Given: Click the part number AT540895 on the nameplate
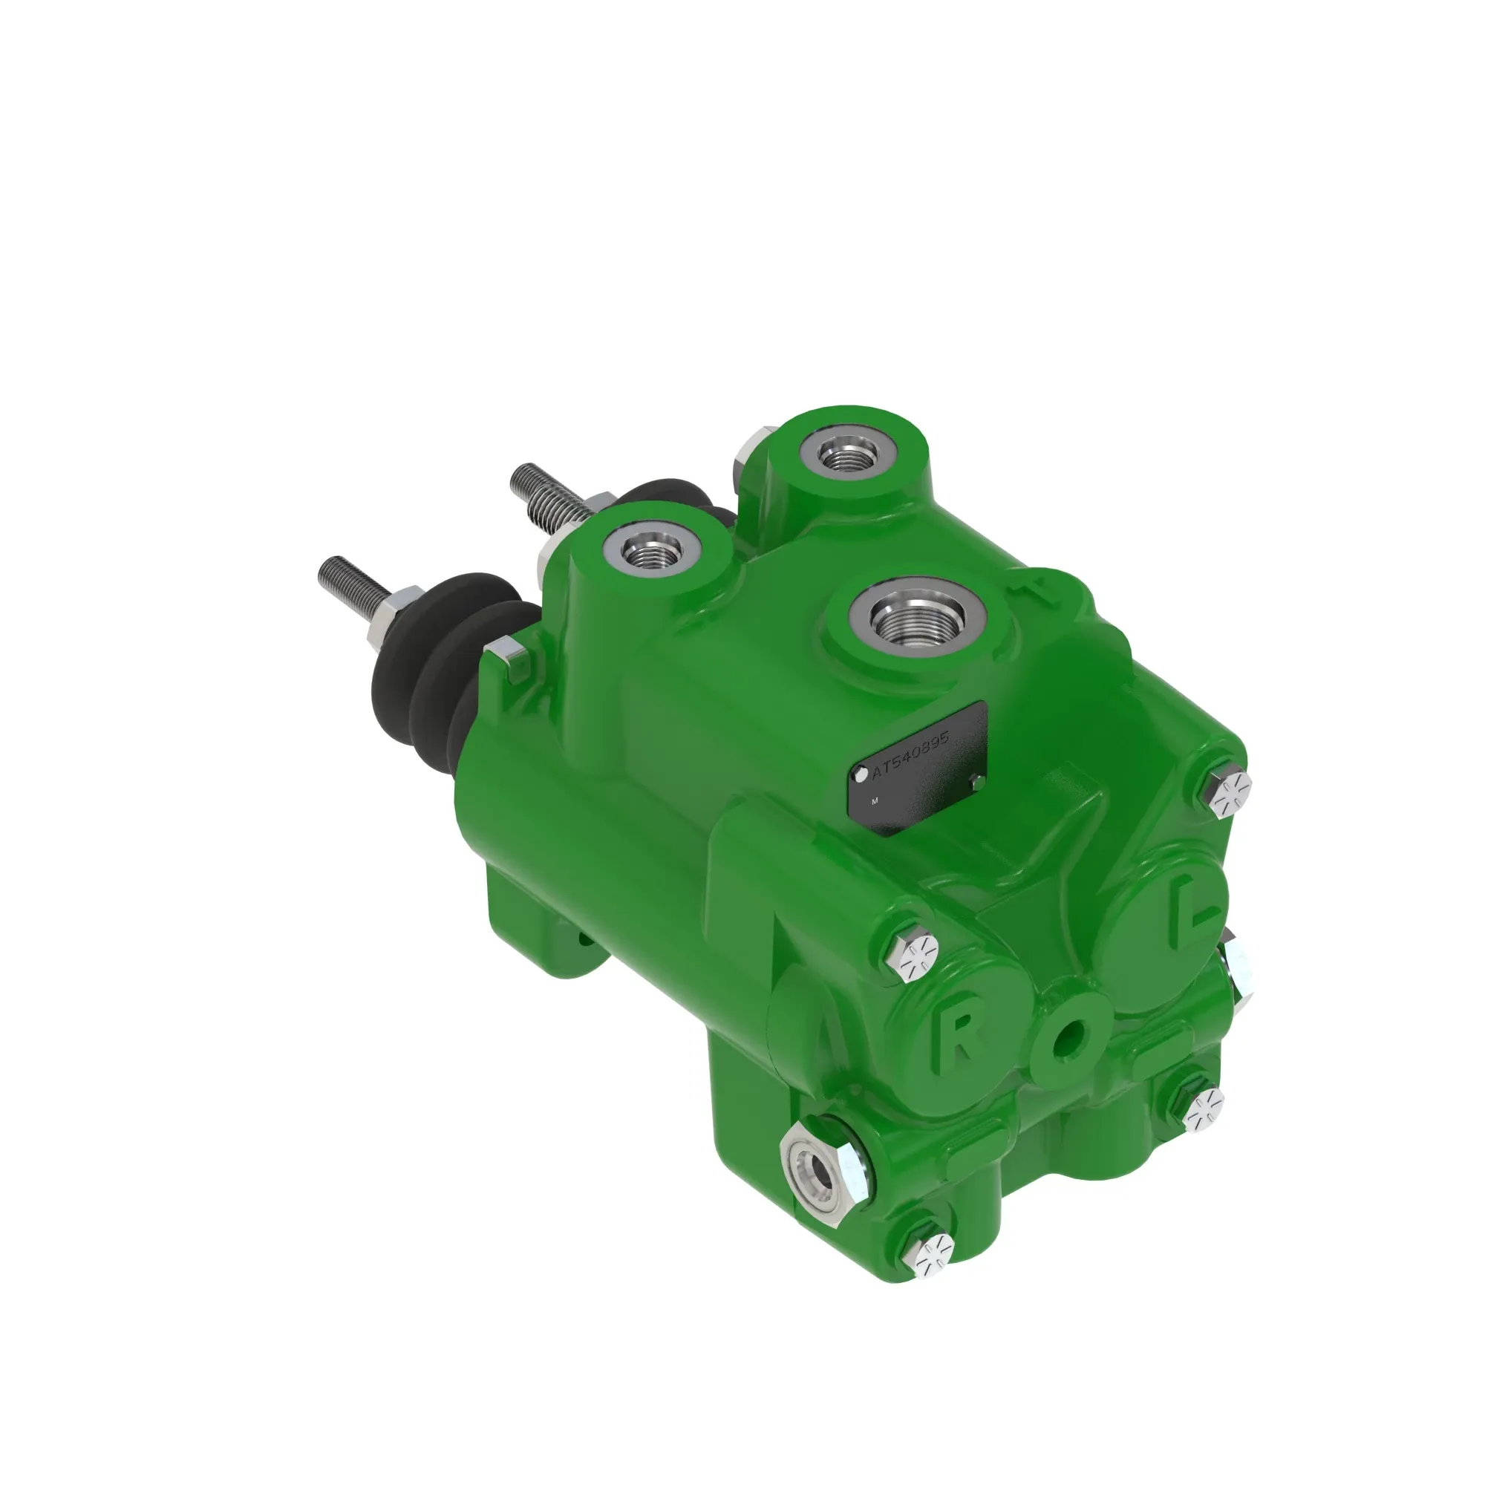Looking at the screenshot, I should tap(912, 756).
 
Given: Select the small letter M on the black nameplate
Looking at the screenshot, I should tap(875, 801).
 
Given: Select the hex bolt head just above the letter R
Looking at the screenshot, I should tap(917, 958).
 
